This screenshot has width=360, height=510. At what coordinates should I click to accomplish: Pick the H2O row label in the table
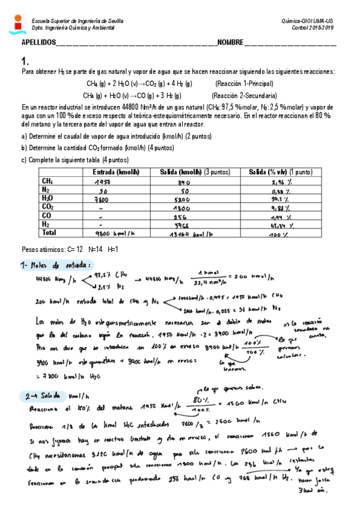pos(47,198)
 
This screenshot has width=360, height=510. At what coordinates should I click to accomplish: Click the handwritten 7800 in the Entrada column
pos(101,199)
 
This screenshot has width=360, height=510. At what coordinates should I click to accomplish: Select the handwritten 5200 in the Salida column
pos(182,199)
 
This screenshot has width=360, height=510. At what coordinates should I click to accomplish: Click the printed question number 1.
pos(25,61)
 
